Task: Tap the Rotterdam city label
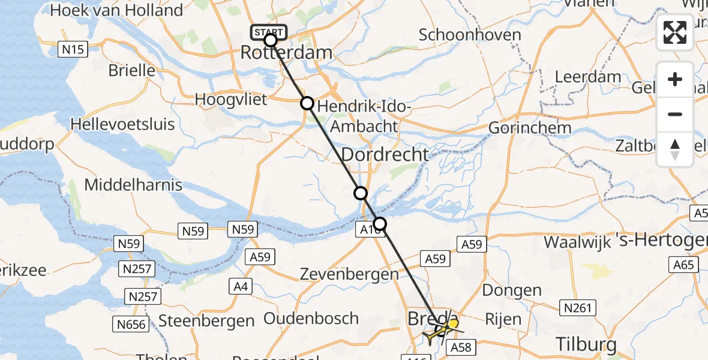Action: [x=286, y=53]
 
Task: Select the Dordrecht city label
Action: [x=385, y=155]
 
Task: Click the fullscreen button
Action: [x=675, y=32]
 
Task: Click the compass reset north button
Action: [x=675, y=149]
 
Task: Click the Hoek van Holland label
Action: [x=117, y=11]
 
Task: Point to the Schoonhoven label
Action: [x=470, y=35]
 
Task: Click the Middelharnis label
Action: [x=133, y=185]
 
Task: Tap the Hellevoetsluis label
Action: [x=122, y=125]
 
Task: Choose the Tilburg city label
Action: [x=586, y=344]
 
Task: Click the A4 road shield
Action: [x=241, y=287]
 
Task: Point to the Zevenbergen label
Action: [x=350, y=275]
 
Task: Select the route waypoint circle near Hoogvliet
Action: [x=307, y=103]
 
